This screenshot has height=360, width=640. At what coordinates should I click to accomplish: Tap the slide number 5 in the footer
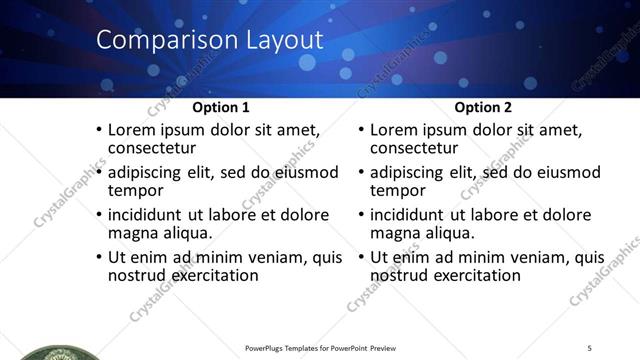point(590,348)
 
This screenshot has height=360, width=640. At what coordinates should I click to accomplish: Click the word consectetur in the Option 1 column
point(156,149)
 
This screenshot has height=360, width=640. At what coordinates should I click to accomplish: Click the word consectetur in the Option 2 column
point(418,149)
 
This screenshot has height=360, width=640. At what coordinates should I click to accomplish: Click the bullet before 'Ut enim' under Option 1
point(97,258)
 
